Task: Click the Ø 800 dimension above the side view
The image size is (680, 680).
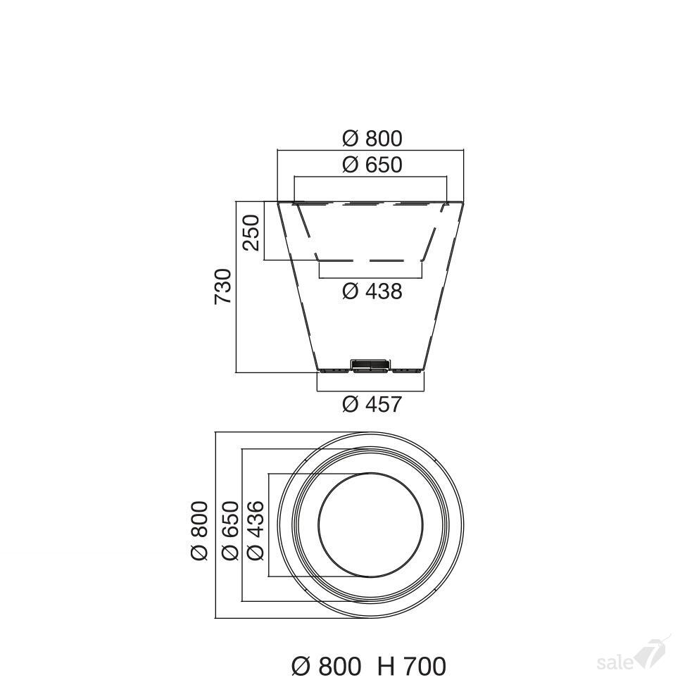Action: point(372,139)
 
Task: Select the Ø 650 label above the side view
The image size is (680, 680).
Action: point(372,165)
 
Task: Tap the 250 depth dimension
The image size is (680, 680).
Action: point(251,232)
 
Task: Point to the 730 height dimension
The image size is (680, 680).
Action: point(224,287)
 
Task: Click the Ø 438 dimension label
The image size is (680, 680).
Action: point(372,291)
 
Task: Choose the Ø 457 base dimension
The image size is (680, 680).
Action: point(372,404)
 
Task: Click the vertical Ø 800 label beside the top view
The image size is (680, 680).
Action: point(200,530)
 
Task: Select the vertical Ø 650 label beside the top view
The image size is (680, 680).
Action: point(230,530)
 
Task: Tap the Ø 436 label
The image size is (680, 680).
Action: point(256,530)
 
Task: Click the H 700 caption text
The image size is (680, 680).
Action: point(412,666)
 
